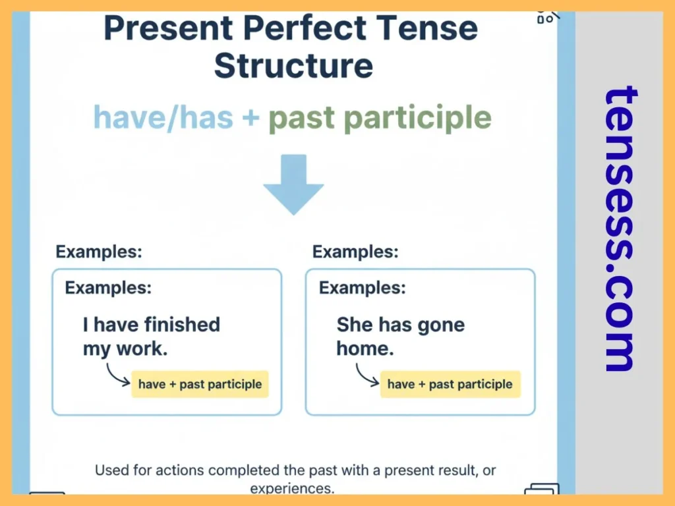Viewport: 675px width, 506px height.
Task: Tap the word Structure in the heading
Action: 293,66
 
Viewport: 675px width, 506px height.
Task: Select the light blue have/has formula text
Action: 163,118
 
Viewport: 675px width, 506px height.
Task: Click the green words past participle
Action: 380,118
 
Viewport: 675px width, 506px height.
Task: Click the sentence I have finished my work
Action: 151,336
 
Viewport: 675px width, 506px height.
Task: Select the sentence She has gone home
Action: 400,336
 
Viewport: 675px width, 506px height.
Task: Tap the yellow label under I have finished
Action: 200,384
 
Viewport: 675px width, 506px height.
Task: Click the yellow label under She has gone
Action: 450,384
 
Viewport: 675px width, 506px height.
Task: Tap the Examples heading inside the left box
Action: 108,288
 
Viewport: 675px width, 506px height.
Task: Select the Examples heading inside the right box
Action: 362,288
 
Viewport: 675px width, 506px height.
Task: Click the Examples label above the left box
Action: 99,252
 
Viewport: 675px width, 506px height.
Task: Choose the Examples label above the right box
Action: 355,252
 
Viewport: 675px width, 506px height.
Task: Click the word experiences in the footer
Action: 292,488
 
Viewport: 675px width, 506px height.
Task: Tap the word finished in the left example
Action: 182,325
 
